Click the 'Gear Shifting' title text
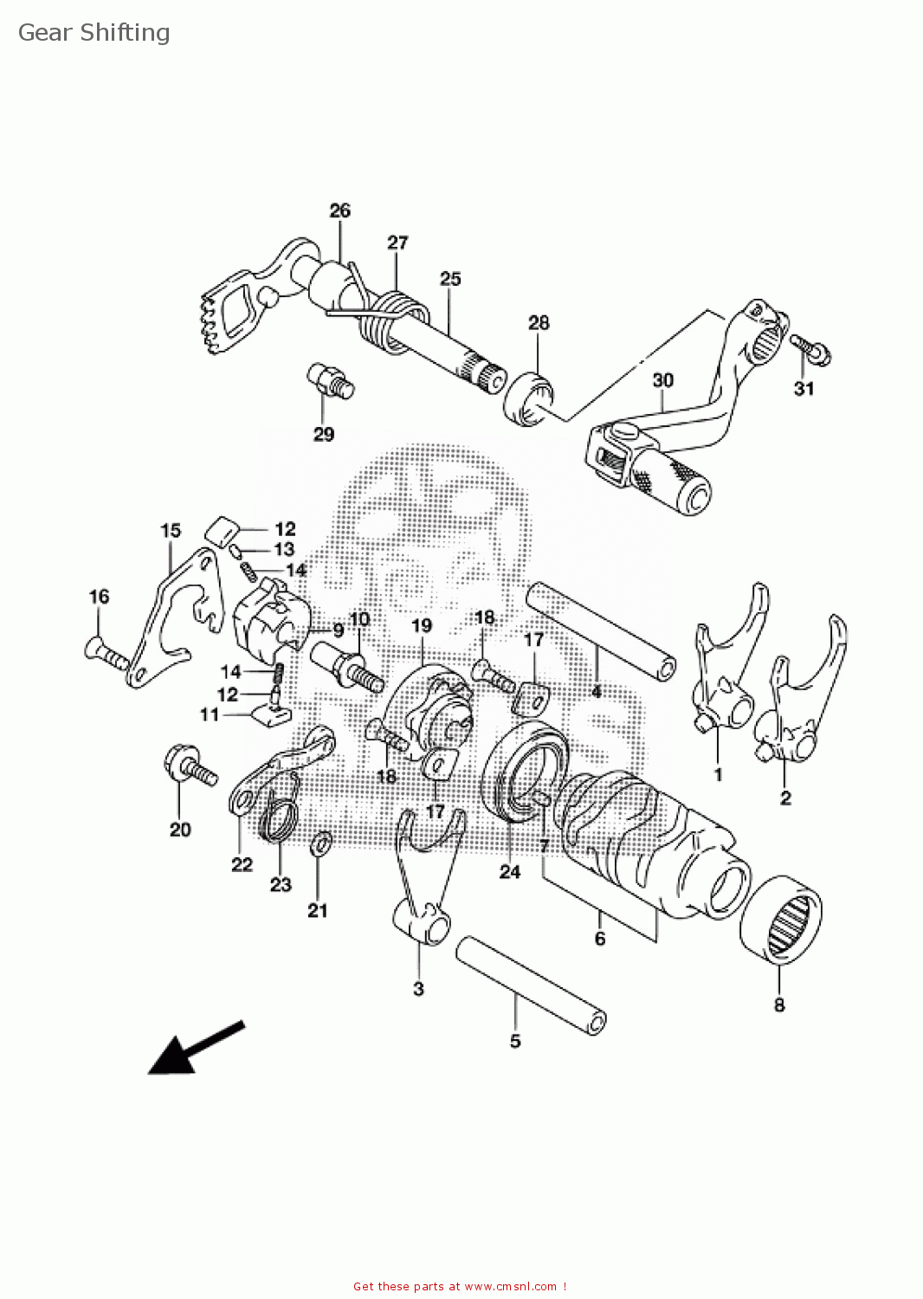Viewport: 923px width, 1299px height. (94, 33)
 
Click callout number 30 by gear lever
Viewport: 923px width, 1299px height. (662, 380)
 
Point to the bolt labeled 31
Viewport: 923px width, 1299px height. (812, 349)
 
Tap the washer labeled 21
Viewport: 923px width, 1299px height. (319, 843)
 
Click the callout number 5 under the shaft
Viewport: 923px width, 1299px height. (515, 1041)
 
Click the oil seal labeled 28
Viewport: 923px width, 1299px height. (527, 397)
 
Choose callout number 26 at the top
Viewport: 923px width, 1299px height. (340, 210)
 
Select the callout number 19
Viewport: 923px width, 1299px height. (421, 625)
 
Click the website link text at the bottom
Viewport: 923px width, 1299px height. (460, 1286)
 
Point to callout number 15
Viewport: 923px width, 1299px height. (171, 530)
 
